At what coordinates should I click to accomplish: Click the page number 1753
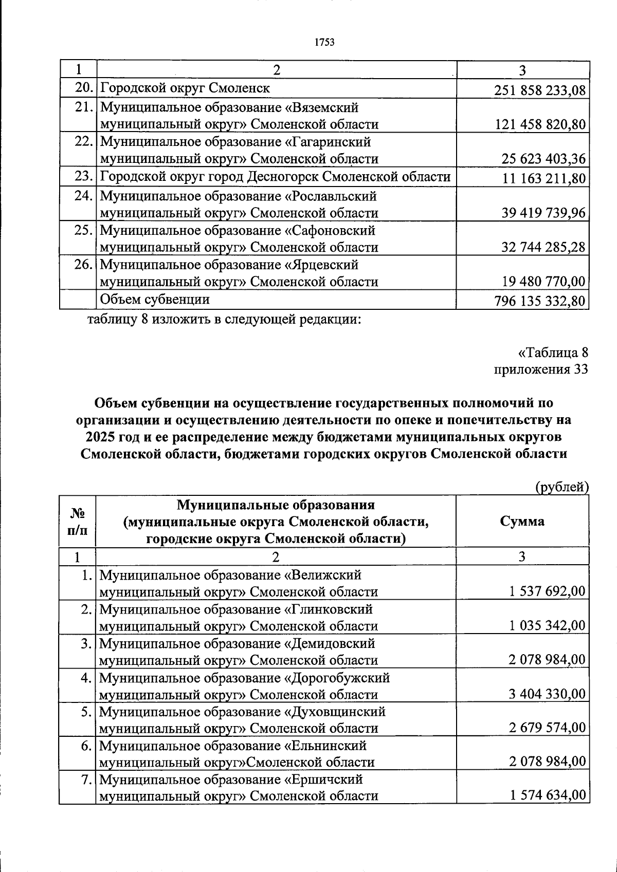(324, 42)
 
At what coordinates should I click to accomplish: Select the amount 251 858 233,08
(539, 90)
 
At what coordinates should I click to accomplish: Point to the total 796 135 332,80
(539, 301)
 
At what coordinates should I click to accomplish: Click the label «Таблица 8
(553, 353)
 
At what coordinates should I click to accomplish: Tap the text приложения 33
(540, 369)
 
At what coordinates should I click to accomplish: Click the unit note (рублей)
(561, 486)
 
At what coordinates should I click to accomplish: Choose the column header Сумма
(522, 521)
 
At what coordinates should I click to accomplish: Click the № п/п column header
(77, 521)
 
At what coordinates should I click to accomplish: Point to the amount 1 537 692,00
(547, 591)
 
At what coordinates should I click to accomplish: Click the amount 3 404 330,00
(547, 694)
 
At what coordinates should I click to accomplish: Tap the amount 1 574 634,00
(547, 795)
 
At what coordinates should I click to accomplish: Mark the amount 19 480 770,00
(543, 282)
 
